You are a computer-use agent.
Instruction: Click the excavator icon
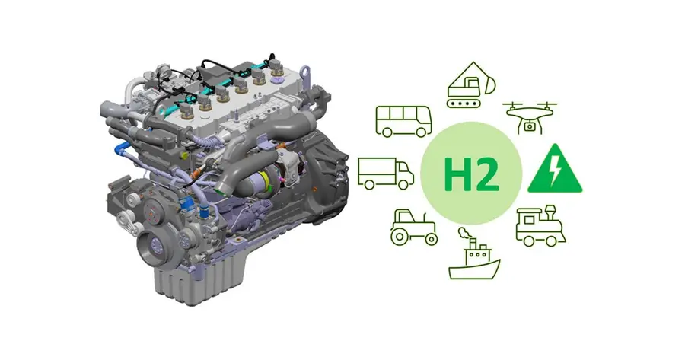tap(471, 85)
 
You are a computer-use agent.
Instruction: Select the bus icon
tap(403, 121)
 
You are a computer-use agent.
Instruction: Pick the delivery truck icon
tap(386, 174)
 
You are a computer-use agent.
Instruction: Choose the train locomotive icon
tap(540, 225)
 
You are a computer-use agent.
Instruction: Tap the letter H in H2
tap(457, 174)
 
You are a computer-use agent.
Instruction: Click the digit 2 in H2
tap(487, 174)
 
